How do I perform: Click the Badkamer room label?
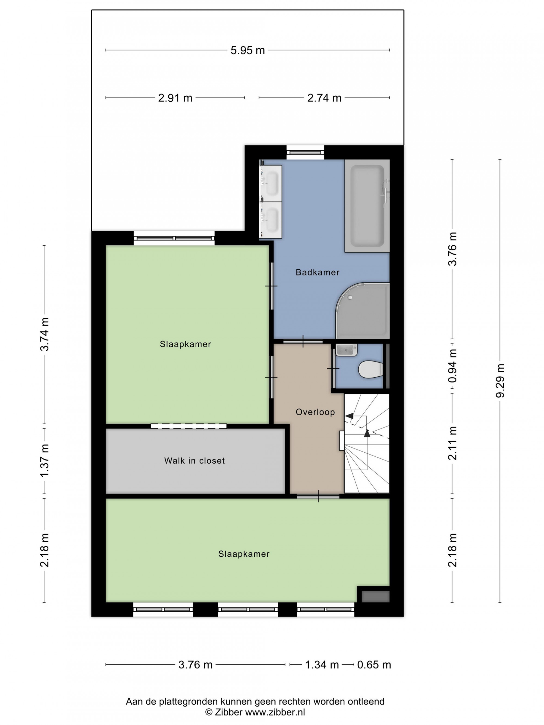click(317, 272)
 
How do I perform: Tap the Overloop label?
click(315, 412)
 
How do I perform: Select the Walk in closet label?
click(194, 460)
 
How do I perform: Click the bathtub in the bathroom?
click(367, 206)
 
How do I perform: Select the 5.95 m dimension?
click(248, 50)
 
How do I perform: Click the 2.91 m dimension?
click(175, 98)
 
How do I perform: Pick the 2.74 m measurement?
click(324, 98)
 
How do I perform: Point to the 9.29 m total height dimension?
click(500, 381)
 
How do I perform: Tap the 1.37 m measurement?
click(44, 460)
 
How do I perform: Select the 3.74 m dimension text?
click(44, 334)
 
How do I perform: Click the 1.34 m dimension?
click(322, 665)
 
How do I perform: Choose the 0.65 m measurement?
click(374, 665)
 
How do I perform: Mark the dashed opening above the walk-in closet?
click(188, 426)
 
